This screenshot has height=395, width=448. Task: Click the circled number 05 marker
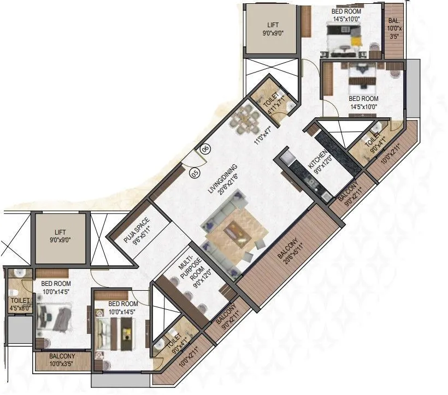[194, 173]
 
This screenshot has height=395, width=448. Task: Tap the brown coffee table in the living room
[236, 230]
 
